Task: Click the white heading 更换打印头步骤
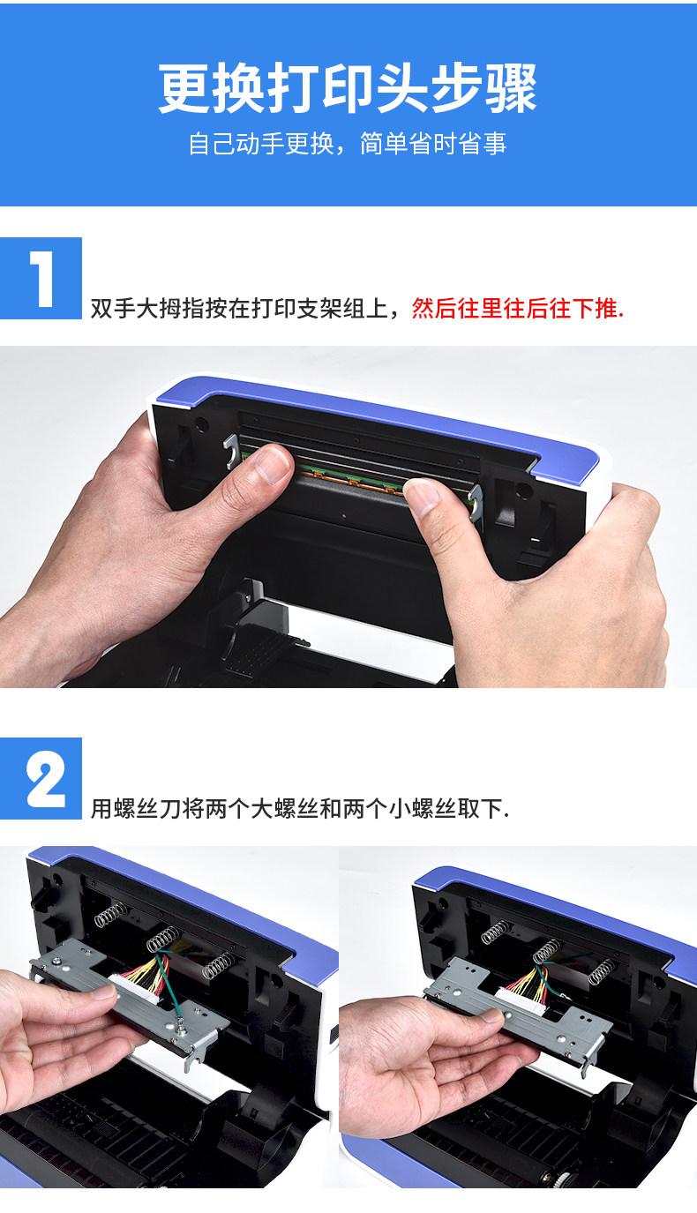pyautogui.click(x=348, y=88)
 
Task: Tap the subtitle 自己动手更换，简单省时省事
pyautogui.click(x=348, y=144)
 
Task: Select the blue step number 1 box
pyautogui.click(x=41, y=279)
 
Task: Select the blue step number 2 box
pyautogui.click(x=41, y=778)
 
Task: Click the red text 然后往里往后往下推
pyautogui.click(x=517, y=308)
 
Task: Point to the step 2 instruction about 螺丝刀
pyautogui.click(x=299, y=808)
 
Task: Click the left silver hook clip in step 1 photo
pyautogui.click(x=231, y=452)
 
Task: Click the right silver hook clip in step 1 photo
pyautogui.click(x=476, y=503)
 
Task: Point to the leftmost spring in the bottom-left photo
pyautogui.click(x=111, y=914)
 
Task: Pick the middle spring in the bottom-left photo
pyautogui.click(x=163, y=938)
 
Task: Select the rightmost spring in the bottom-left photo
pyautogui.click(x=219, y=964)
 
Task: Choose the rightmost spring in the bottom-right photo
pyautogui.click(x=601, y=972)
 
